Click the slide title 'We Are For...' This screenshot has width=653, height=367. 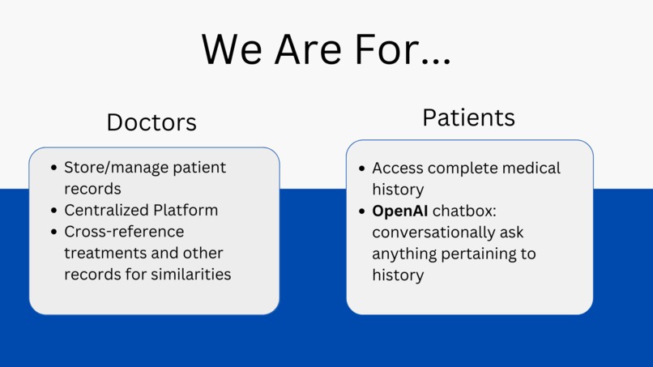pyautogui.click(x=326, y=49)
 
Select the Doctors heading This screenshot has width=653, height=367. pyautogui.click(x=152, y=122)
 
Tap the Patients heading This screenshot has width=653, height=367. pyautogui.click(x=468, y=117)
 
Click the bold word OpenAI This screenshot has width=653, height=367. pyautogui.click(x=399, y=211)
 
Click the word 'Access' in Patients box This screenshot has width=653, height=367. pyautogui.click(x=397, y=169)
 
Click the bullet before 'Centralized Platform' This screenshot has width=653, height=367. pyautogui.click(x=53, y=211)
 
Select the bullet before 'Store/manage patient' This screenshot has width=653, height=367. pyautogui.click(x=53, y=168)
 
